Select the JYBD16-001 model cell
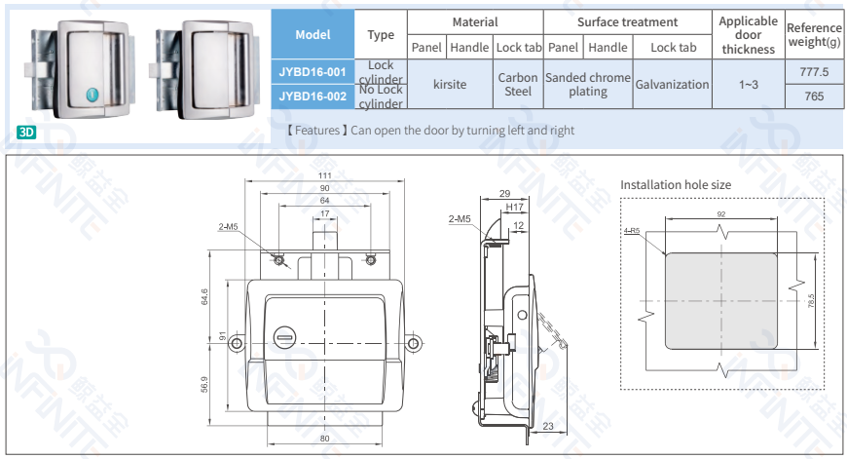click(x=312, y=71)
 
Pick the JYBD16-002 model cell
click(x=312, y=96)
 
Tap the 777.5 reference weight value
click(x=814, y=72)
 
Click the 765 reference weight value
click(x=814, y=96)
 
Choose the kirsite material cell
click(x=450, y=84)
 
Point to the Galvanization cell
click(x=672, y=84)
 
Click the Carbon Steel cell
click(x=518, y=84)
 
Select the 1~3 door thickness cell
click(x=748, y=84)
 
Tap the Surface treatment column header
click(x=627, y=21)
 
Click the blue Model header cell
click(x=312, y=34)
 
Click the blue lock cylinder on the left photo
click(x=92, y=95)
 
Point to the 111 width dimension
click(x=323, y=175)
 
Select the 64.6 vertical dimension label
click(x=204, y=296)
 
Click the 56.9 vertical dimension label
click(x=204, y=386)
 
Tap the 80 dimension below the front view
click(x=324, y=439)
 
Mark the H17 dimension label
click(x=515, y=208)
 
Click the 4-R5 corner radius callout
click(x=631, y=231)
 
